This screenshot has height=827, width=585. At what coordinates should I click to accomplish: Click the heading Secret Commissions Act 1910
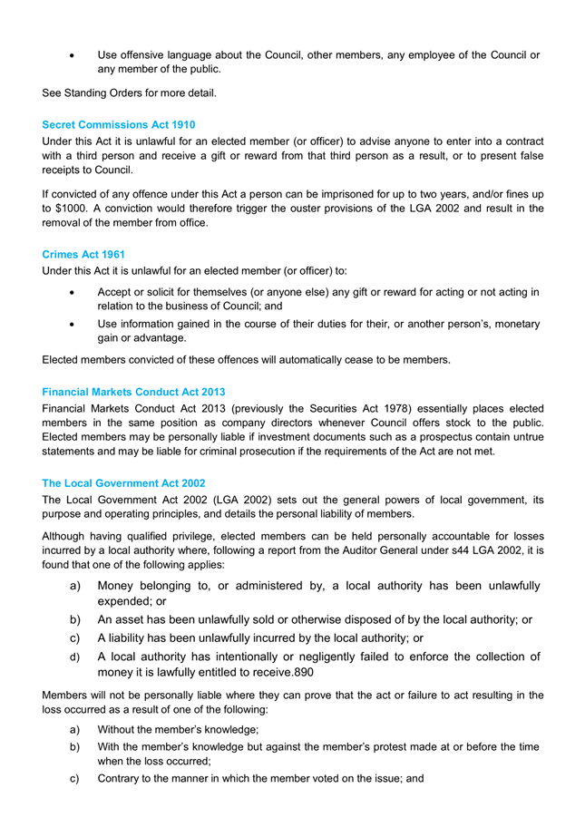coord(118,124)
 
